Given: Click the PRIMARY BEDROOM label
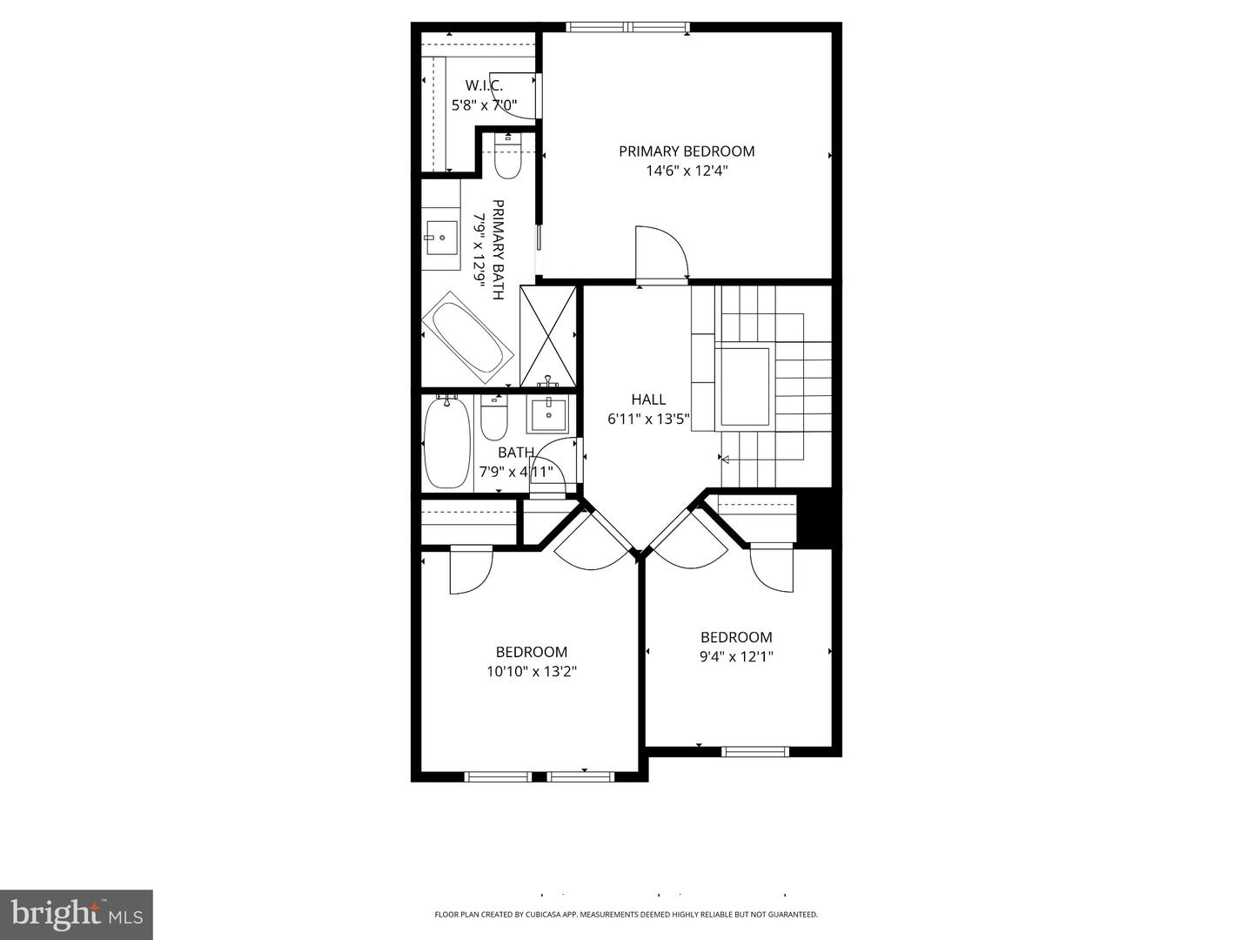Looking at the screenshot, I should click(687, 151).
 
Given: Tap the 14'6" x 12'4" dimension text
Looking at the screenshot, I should click(687, 171).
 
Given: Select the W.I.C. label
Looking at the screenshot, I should click(484, 85).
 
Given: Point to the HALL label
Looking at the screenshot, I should click(648, 399).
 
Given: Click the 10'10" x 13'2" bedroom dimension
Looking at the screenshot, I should click(532, 671).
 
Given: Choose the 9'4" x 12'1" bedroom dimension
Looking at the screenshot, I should click(736, 657).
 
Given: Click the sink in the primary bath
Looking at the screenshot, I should click(441, 235).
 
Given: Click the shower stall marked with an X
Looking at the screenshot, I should click(548, 336).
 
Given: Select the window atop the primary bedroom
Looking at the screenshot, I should click(628, 27).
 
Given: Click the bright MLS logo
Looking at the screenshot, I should click(76, 914).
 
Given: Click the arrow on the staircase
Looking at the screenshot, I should click(724, 460).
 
